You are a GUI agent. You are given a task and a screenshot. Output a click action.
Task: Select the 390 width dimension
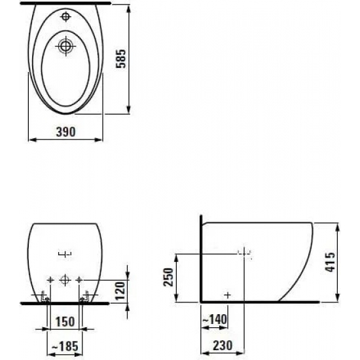[x=66, y=131]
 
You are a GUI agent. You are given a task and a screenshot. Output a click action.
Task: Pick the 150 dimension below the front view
[x=65, y=323]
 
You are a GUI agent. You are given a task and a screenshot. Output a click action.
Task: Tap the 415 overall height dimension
[x=349, y=262]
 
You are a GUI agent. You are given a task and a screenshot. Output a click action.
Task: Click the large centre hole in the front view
[x=65, y=280]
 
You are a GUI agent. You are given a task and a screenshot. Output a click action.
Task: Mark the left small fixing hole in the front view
[x=50, y=280]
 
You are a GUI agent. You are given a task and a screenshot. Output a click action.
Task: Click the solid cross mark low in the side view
[x=227, y=295]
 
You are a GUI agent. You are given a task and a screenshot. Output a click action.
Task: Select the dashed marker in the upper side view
[x=243, y=253]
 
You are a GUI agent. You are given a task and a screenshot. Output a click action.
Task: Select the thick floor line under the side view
[x=262, y=303]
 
